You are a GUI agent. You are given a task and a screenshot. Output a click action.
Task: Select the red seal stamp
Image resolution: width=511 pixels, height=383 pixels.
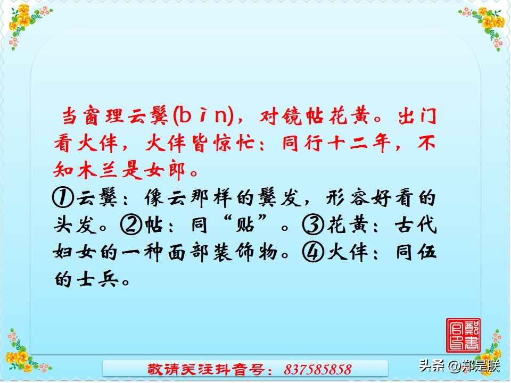463,335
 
